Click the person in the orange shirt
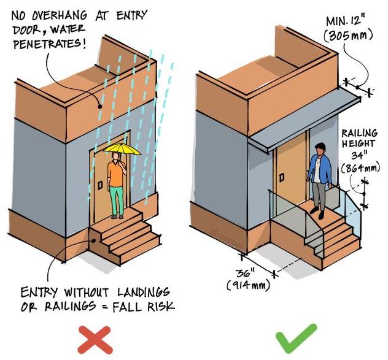117,184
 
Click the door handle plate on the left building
99,185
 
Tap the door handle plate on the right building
282,177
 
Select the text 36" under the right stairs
246,273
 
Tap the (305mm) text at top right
347,36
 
